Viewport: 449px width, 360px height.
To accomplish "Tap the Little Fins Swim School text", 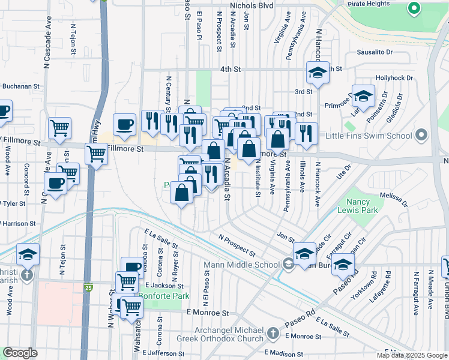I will (378, 135).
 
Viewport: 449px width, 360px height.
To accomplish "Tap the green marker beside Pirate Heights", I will (413, 8).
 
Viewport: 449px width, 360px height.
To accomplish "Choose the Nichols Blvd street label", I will (251, 5).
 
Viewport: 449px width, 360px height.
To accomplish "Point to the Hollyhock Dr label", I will (394, 78).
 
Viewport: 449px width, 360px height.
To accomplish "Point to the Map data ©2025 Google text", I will (411, 355).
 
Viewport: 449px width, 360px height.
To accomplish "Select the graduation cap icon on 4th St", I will (318, 73).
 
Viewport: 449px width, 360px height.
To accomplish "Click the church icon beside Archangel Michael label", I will (273, 332).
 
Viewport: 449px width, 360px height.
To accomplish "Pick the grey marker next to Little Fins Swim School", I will (421, 135).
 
